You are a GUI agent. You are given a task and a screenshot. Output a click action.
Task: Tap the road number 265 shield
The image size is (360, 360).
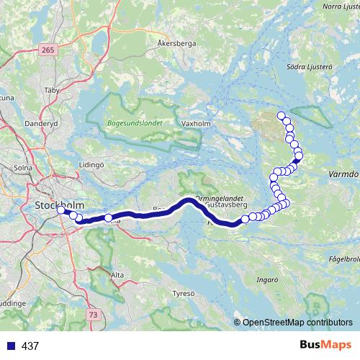coord(48,50)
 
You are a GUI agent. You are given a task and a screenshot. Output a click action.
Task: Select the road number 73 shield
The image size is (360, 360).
coord(93,315)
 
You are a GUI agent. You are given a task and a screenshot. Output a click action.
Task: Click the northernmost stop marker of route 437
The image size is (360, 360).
coord(282,114)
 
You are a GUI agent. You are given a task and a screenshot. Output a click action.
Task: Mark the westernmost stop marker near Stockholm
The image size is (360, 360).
coord(60,212)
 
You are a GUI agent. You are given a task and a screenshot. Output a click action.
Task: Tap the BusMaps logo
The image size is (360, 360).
coord(325,345)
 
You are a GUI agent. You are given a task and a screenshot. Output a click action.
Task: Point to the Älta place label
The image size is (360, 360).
coord(117,275)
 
